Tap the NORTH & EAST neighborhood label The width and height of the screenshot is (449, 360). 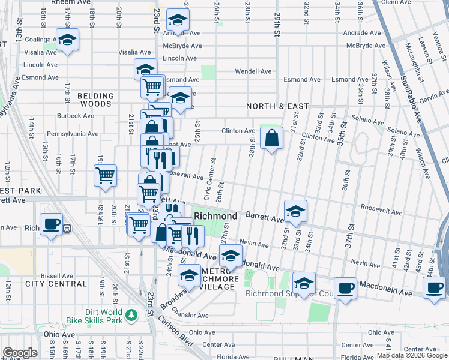277,106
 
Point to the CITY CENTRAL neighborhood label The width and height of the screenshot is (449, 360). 49,283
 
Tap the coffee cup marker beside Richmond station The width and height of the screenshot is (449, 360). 52,224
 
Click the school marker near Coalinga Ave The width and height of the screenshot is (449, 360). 68,40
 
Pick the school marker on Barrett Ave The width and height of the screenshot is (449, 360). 295,211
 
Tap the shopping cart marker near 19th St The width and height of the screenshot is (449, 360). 105,176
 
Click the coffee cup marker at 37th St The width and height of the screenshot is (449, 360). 345,288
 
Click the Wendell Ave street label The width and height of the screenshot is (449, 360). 253,71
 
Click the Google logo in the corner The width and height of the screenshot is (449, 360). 20,353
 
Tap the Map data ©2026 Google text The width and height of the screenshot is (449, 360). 412,355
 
